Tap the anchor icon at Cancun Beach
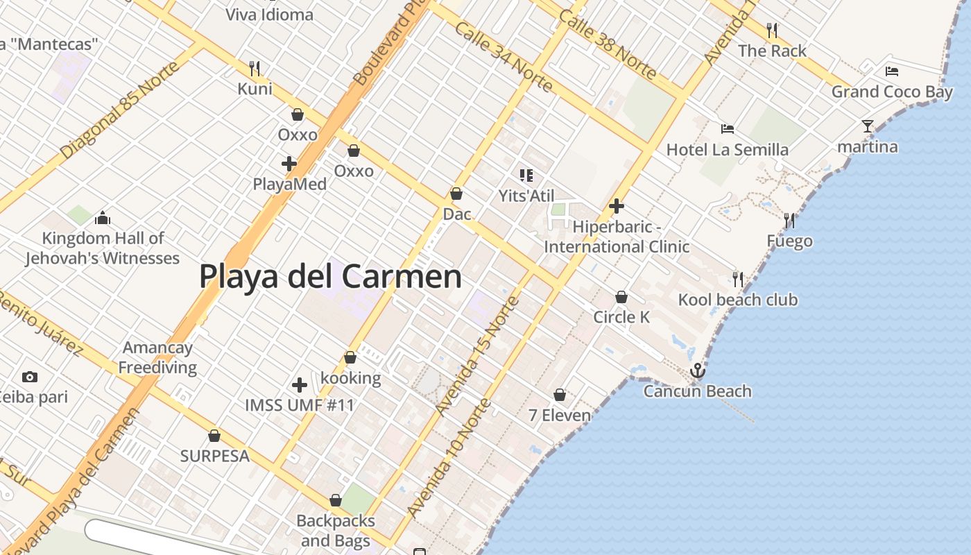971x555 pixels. [x=697, y=370]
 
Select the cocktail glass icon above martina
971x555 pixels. [x=868, y=126]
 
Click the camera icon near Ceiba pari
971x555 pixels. [x=29, y=377]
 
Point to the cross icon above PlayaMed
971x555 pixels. [x=289, y=164]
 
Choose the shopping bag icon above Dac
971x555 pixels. [x=456, y=194]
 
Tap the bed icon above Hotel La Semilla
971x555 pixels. [x=727, y=129]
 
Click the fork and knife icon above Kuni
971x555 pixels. [x=255, y=68]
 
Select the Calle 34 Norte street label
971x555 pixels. [x=504, y=57]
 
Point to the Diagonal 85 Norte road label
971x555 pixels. [x=119, y=109]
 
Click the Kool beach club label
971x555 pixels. [x=737, y=300]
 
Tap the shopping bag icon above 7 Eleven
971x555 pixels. [x=560, y=395]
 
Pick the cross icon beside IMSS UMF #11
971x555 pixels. [x=300, y=384]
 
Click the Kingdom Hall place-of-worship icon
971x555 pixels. [x=103, y=218]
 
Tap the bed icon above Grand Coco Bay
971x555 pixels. [x=892, y=71]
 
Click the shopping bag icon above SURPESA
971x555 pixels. [x=214, y=436]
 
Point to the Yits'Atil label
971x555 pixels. [x=526, y=196]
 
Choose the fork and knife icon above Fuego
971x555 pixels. [x=789, y=221]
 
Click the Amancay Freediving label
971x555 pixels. [x=157, y=357]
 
